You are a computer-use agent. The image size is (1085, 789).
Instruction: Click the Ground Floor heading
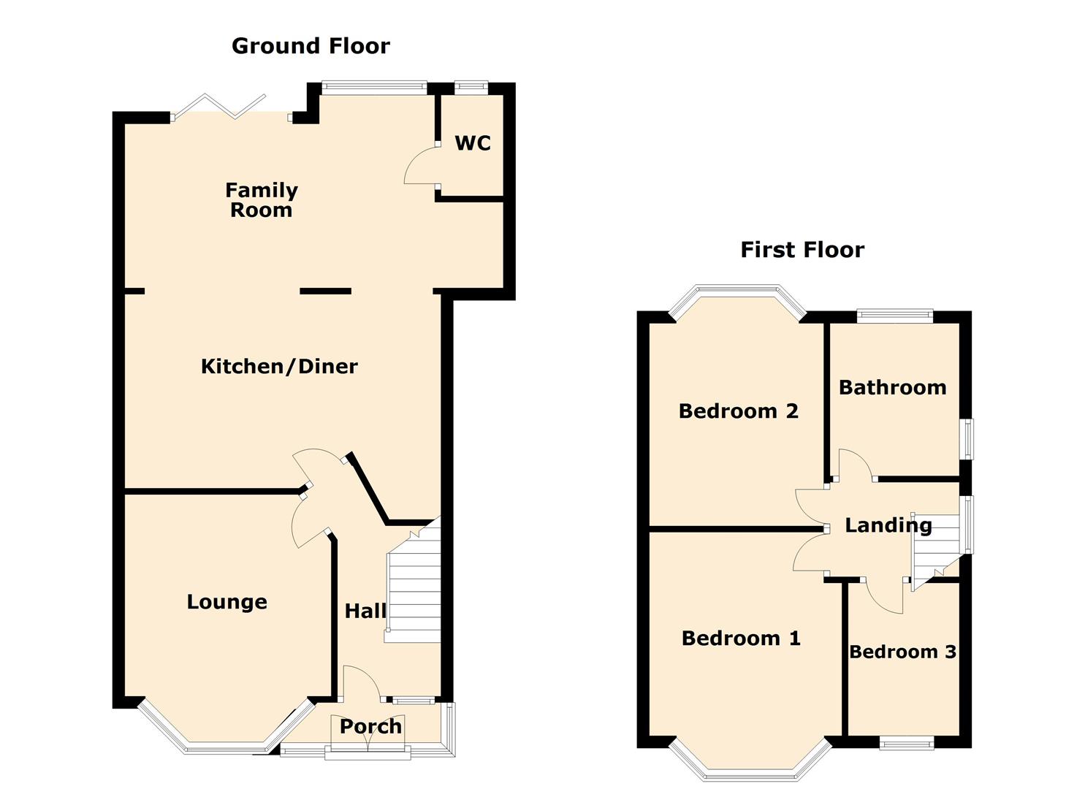(311, 46)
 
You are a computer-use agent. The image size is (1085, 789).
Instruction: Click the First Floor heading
(802, 250)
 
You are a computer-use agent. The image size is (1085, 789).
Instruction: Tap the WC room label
(473, 143)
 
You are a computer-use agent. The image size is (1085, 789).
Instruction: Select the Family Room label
(261, 200)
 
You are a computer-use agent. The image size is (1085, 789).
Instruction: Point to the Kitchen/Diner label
(279, 366)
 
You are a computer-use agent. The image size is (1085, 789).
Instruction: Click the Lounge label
(226, 602)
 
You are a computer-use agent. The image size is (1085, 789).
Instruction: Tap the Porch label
(370, 726)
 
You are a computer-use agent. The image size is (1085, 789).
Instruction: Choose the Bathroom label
(892, 387)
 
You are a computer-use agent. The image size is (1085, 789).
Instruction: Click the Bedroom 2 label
(738, 411)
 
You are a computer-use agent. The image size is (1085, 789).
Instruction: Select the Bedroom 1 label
(740, 639)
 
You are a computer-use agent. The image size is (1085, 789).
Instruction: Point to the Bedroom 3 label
(902, 652)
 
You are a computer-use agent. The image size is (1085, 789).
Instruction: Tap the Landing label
(888, 525)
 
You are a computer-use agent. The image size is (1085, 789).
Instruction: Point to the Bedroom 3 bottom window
(906, 743)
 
